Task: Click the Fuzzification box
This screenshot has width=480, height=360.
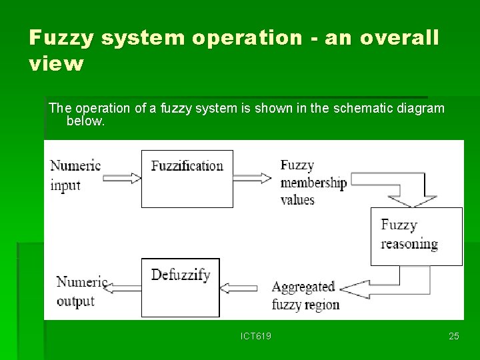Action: [x=187, y=179]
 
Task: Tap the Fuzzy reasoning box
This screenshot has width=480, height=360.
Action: [x=416, y=236]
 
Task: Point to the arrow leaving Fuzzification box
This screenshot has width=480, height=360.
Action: [x=253, y=178]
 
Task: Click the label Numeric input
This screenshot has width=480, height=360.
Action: [x=75, y=175]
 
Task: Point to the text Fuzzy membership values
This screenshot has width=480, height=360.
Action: [x=312, y=182]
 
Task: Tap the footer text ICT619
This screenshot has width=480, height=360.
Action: [x=256, y=336]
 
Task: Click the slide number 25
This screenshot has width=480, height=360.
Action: [x=453, y=336]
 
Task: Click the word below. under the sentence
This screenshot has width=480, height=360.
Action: [x=85, y=121]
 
